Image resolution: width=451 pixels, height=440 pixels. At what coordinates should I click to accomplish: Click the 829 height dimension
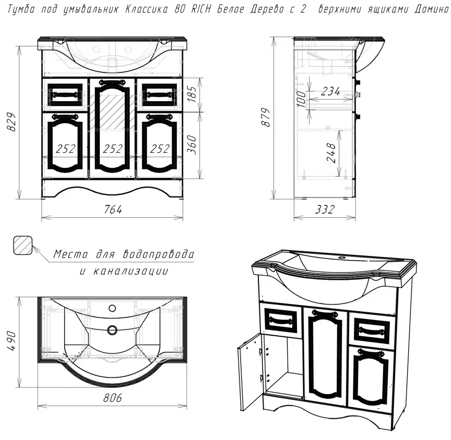tap(12, 121)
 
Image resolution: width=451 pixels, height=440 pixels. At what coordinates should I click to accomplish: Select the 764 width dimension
tap(112, 209)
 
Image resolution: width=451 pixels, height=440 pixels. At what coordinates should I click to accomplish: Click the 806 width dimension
tap(112, 398)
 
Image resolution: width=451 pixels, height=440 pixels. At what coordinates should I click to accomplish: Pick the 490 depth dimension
tap(12, 340)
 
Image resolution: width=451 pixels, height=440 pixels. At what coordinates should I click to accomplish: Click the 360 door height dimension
tap(192, 144)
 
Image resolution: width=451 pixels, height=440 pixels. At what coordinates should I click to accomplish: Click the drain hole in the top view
tap(112, 329)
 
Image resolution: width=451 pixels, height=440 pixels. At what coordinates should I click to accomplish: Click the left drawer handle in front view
tap(65, 94)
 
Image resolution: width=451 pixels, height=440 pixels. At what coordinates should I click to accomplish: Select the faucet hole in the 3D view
tap(343, 257)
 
